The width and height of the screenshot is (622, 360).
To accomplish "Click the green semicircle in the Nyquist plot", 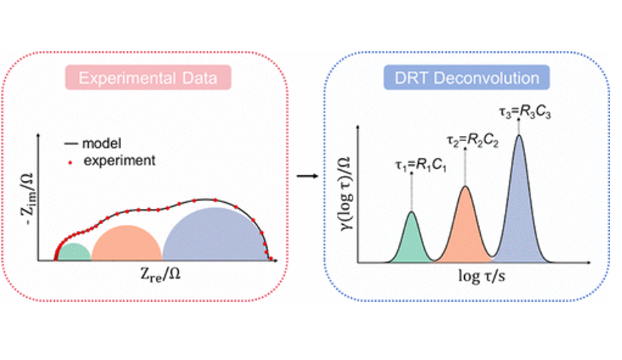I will (74, 252).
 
